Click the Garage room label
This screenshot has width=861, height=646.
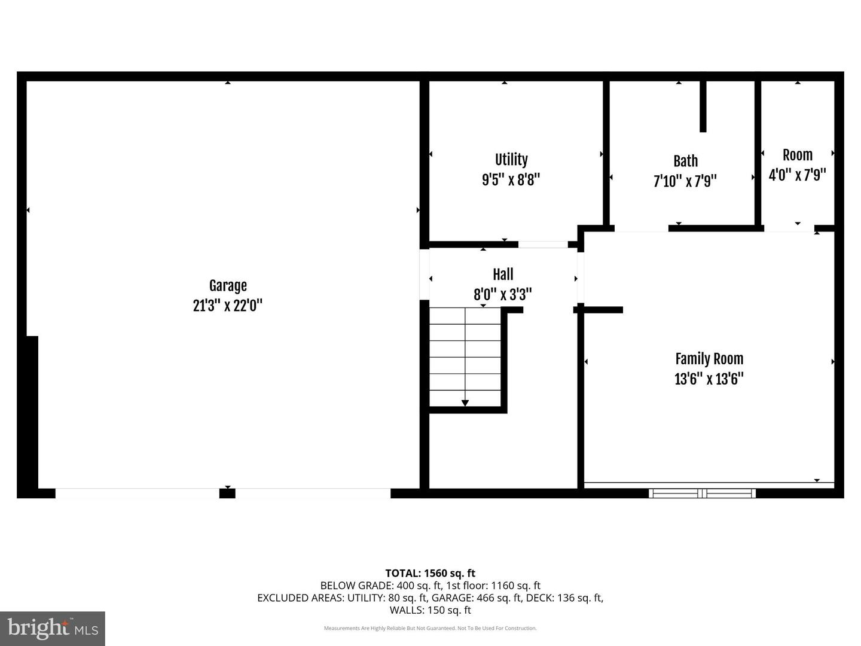pyautogui.click(x=228, y=286)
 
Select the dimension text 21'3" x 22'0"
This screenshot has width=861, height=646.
pyautogui.click(x=228, y=306)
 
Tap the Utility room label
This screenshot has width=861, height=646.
pyautogui.click(x=511, y=160)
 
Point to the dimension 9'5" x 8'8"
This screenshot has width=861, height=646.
pyautogui.click(x=511, y=179)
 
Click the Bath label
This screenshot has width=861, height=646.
pyautogui.click(x=685, y=161)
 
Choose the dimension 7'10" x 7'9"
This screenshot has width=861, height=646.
pyautogui.click(x=685, y=181)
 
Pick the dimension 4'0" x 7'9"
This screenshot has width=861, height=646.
pyautogui.click(x=797, y=175)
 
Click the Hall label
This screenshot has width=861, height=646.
pyautogui.click(x=503, y=275)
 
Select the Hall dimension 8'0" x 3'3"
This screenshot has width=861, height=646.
pyautogui.click(x=503, y=294)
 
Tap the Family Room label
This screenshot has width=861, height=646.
pyautogui.click(x=709, y=359)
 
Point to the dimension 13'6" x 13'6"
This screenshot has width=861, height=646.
pyautogui.click(x=709, y=379)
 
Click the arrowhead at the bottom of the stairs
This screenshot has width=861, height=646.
pyautogui.click(x=465, y=403)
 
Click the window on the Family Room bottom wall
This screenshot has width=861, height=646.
pyautogui.click(x=703, y=493)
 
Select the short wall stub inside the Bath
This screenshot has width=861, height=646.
pyautogui.click(x=703, y=106)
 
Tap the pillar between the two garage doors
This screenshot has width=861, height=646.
pyautogui.click(x=227, y=493)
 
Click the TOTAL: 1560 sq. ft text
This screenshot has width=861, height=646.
pyautogui.click(x=430, y=573)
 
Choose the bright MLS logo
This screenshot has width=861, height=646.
pyautogui.click(x=53, y=628)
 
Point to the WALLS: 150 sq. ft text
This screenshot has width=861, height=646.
pyautogui.click(x=430, y=610)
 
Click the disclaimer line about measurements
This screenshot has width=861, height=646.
pyautogui.click(x=430, y=628)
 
